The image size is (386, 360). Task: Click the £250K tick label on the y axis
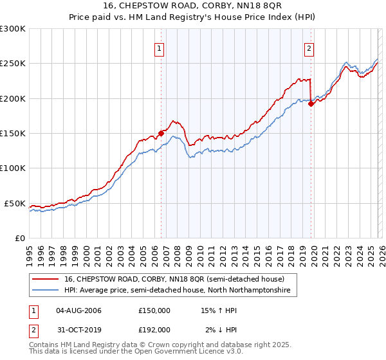click(13, 64)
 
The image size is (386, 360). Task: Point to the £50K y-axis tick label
click(15, 203)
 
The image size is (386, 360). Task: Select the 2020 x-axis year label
click(313, 251)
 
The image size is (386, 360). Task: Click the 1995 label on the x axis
click(30, 251)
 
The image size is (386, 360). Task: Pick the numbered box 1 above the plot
click(158, 48)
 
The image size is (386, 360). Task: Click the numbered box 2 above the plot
click(309, 48)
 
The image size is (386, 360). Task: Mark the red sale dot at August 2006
click(161, 133)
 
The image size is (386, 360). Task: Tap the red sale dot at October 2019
click(311, 104)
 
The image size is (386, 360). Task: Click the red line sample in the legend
click(46, 279)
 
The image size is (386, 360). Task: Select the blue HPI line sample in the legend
click(46, 291)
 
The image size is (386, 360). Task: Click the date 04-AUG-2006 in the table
click(79, 310)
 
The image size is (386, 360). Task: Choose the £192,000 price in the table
click(154, 329)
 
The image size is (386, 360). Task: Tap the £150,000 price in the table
click(154, 310)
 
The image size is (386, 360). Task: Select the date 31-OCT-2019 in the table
click(79, 329)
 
